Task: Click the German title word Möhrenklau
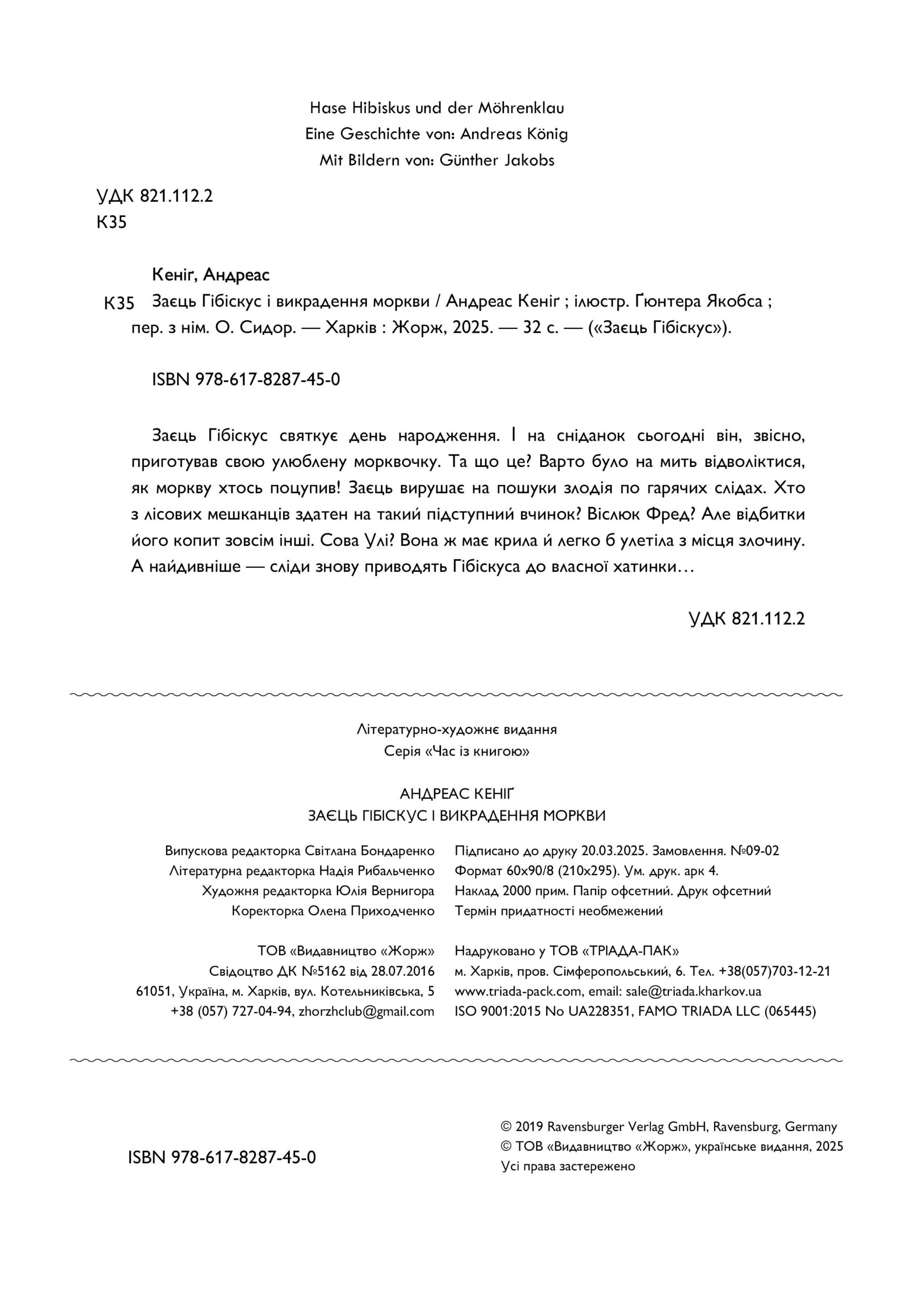(x=521, y=107)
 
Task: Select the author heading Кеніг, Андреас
(x=210, y=275)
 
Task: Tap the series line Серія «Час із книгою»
(x=456, y=752)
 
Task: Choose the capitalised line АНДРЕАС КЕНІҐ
(x=456, y=794)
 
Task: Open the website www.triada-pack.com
(x=518, y=991)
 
